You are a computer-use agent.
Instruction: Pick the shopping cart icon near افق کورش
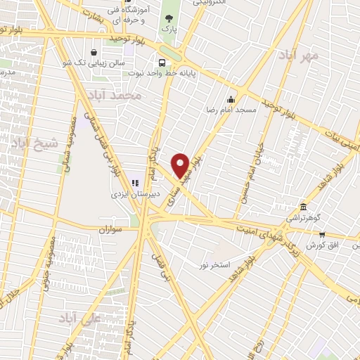[321, 235]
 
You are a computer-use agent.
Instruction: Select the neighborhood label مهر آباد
[300, 56]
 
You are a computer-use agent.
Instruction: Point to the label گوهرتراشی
[304, 220]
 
